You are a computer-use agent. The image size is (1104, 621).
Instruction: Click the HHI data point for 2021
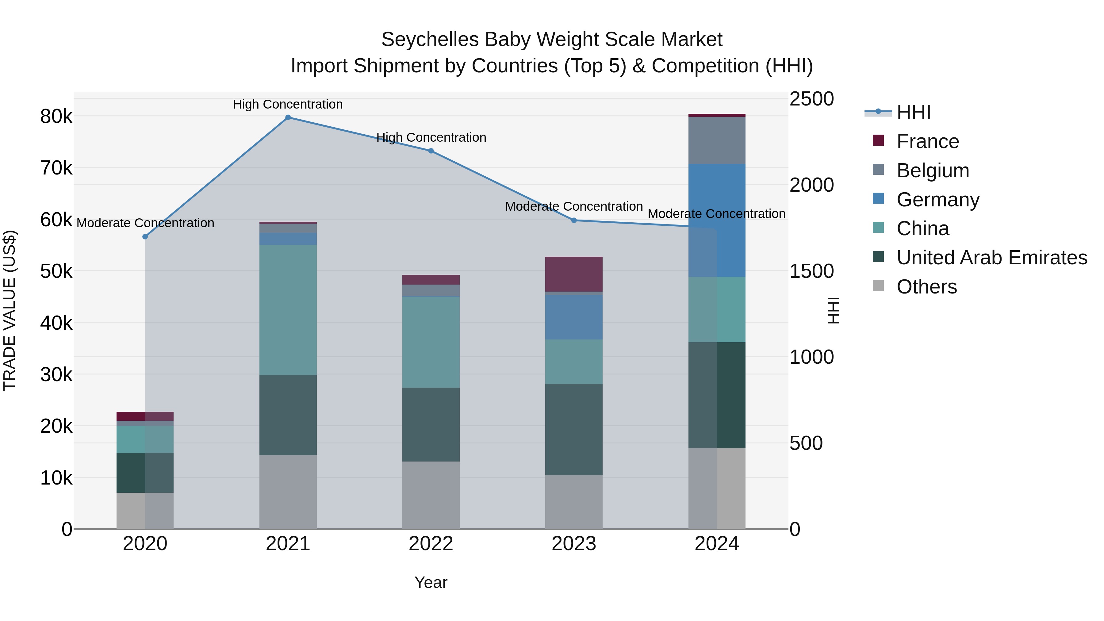[288, 117]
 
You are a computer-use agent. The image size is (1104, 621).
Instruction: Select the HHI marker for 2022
[431, 151]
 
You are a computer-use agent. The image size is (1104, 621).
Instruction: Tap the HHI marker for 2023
[574, 220]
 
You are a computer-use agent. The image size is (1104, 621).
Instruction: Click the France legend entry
[927, 141]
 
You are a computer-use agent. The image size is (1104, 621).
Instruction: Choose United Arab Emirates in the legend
[992, 258]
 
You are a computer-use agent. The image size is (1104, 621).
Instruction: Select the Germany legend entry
[938, 200]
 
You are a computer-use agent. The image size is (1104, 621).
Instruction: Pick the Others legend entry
[926, 287]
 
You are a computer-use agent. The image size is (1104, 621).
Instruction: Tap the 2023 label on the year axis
[574, 544]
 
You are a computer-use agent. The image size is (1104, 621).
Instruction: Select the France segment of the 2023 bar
[574, 274]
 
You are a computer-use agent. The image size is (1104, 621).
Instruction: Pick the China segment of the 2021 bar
[288, 310]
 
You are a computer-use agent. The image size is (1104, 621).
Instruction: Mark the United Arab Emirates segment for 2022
[431, 424]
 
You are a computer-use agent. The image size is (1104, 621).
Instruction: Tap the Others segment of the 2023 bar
[574, 501]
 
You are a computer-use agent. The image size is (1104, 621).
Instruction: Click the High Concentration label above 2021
[288, 105]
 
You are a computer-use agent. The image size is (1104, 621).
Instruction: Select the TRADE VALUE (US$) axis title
[10, 310]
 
